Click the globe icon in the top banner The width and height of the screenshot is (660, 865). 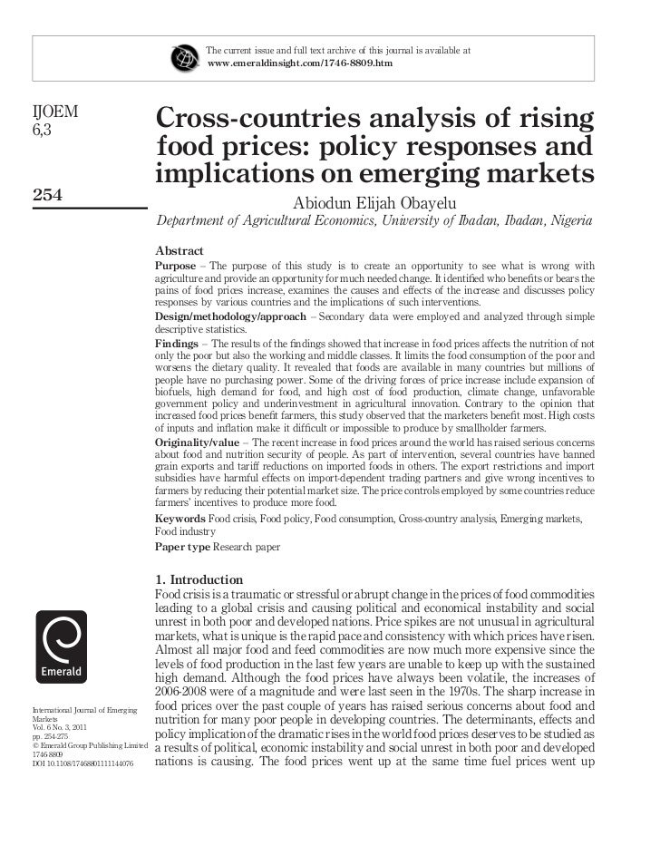tap(185, 56)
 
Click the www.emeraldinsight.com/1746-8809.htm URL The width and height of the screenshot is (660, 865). tap(299, 64)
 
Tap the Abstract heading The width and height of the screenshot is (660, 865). tap(179, 250)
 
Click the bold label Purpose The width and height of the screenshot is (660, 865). tap(175, 265)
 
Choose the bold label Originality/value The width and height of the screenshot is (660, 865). tap(198, 442)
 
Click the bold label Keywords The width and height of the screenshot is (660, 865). tap(180, 519)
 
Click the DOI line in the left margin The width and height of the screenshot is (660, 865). tap(82, 763)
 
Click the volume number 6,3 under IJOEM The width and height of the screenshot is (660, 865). tap(44, 131)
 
